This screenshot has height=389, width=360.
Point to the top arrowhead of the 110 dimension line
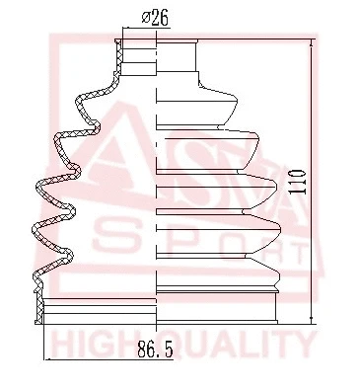coord(313,42)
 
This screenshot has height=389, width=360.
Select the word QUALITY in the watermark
coord(237,345)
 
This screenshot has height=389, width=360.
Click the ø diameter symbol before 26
coord(146,16)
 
